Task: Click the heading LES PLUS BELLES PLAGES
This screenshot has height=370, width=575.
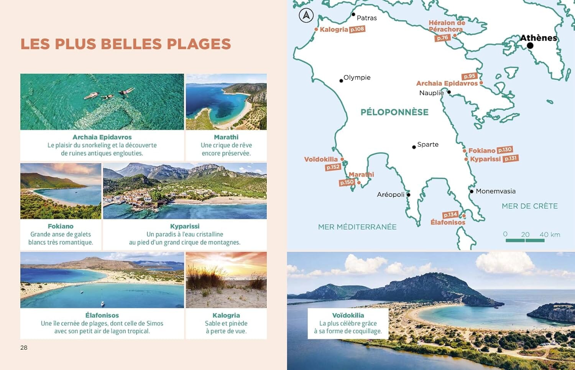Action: [126, 44]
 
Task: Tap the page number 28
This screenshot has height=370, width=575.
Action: [24, 347]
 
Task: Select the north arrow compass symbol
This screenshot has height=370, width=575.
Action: [306, 16]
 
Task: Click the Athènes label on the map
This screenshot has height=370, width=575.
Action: [538, 38]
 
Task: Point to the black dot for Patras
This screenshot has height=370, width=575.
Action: [353, 15]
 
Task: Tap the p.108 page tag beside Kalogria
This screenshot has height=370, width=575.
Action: [357, 29]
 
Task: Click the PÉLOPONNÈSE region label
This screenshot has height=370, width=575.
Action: [394, 112]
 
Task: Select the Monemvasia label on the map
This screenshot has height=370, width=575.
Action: [495, 191]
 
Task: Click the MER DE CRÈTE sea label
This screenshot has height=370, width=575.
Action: [529, 206]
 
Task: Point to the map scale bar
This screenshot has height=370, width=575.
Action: [525, 240]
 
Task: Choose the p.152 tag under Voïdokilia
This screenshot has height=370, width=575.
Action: [333, 167]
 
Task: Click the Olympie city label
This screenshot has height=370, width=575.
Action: [357, 78]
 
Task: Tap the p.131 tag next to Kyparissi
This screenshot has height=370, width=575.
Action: [511, 159]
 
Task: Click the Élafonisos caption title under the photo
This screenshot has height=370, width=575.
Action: [102, 315]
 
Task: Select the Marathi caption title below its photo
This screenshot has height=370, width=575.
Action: [226, 137]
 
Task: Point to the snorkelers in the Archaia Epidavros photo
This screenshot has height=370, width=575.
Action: [110, 94]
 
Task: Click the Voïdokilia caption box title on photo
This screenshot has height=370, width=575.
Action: [348, 315]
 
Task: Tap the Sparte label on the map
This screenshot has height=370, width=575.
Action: [428, 144]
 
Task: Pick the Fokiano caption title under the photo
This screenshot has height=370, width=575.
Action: [61, 226]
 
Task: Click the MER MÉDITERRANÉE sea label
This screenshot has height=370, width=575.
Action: [357, 227]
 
